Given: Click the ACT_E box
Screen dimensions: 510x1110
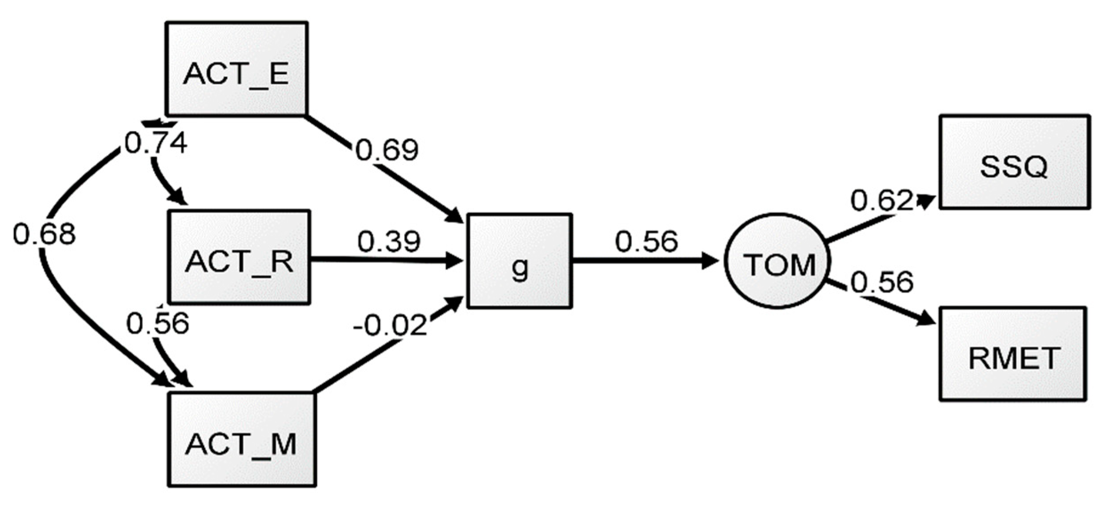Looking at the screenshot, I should coord(236,69).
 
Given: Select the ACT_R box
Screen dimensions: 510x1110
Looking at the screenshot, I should coord(239,257).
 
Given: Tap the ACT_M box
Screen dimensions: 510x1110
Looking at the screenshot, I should coord(241,439).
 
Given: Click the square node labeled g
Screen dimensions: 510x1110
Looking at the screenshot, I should coord(519,261).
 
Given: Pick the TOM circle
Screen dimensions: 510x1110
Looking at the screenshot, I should coord(777,261).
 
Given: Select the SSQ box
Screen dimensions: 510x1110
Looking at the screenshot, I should coord(1014,162).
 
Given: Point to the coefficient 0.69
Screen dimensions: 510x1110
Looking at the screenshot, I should coord(387,150).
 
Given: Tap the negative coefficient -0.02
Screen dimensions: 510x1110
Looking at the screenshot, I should coord(390,325).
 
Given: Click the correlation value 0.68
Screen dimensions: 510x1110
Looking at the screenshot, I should coord(44,234).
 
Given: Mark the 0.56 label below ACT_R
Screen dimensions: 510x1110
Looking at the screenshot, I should coord(157,323).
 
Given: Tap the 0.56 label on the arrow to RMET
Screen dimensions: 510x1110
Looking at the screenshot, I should coord(882,282).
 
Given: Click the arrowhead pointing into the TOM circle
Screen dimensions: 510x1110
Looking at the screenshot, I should coord(710,261).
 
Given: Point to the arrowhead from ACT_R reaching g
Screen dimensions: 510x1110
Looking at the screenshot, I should coord(453,261).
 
